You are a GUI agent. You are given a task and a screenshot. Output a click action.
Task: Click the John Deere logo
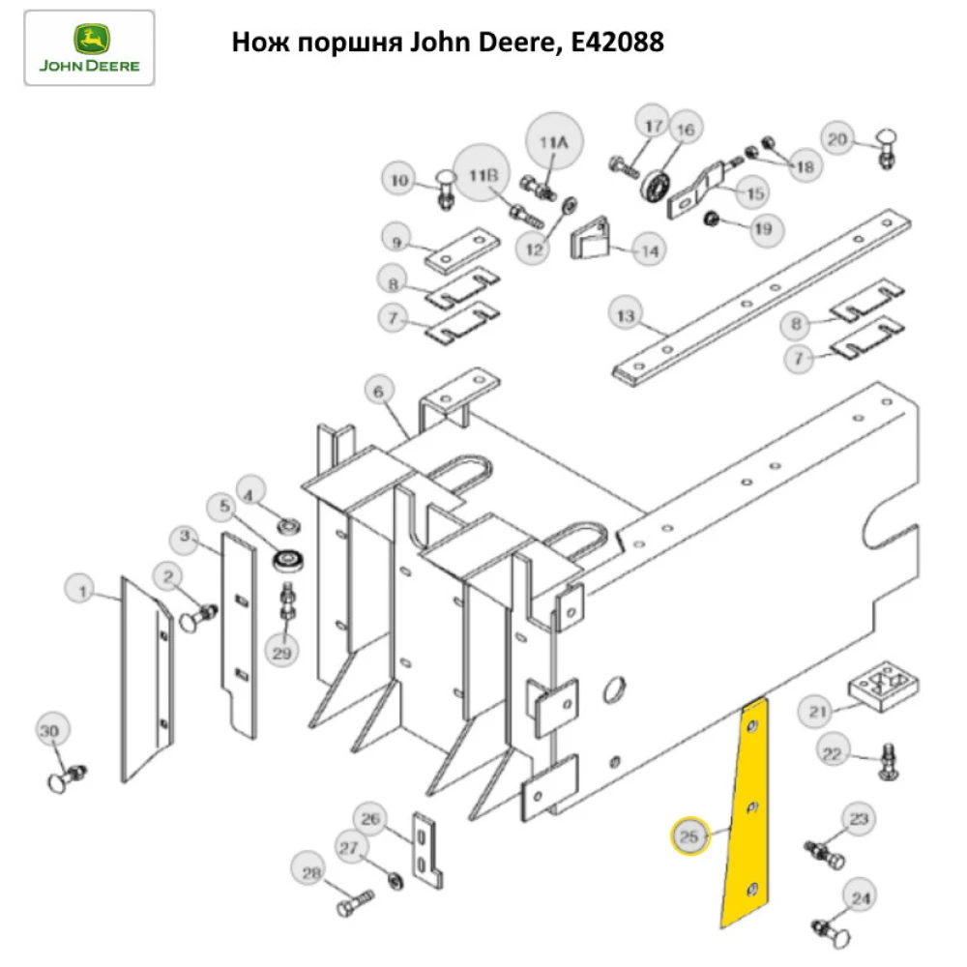(x=89, y=48)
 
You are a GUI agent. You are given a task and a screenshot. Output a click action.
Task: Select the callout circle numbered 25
(x=689, y=836)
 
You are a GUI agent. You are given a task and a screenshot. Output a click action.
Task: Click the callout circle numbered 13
(x=626, y=315)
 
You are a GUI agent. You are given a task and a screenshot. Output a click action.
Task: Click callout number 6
(x=379, y=392)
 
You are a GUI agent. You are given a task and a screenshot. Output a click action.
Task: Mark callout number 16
(x=684, y=130)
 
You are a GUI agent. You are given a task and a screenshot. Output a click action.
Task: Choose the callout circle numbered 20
(x=837, y=139)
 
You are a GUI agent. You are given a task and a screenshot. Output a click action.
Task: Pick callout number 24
(x=860, y=898)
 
